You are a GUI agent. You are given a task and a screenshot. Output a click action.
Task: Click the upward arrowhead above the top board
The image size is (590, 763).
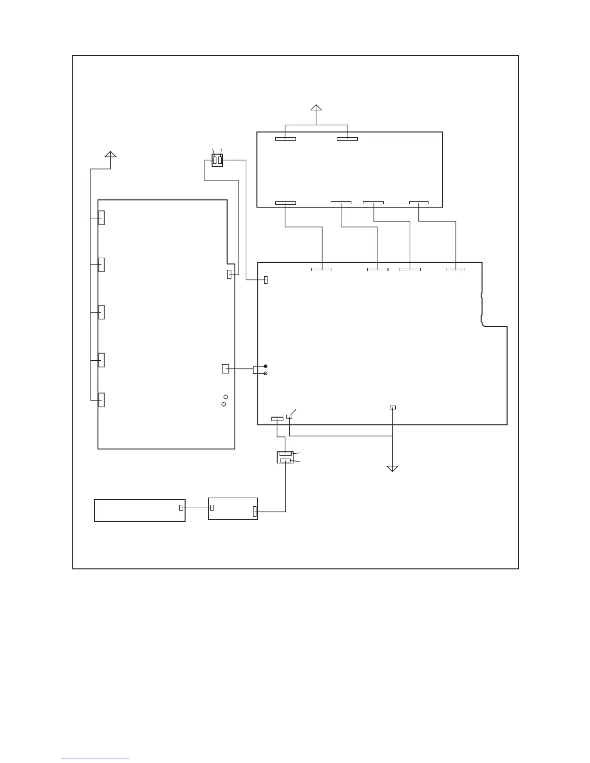click(316, 108)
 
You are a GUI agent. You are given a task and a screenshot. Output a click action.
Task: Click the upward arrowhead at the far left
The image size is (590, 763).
click(110, 154)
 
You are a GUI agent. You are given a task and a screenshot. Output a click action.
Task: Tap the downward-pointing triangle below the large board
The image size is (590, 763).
click(392, 469)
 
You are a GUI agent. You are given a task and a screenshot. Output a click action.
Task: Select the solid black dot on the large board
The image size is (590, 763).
click(266, 366)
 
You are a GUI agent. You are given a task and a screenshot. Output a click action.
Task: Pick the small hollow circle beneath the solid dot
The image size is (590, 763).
click(266, 373)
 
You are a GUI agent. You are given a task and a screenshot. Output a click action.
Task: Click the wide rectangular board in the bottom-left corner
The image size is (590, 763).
click(139, 511)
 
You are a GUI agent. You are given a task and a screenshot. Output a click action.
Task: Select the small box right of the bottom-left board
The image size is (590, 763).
click(232, 509)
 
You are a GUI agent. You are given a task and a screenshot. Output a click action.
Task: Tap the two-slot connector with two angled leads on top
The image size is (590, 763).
click(217, 160)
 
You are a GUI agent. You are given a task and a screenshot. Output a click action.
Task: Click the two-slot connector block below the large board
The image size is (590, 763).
click(285, 458)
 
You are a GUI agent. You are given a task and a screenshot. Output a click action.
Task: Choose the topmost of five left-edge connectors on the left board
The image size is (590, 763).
click(101, 218)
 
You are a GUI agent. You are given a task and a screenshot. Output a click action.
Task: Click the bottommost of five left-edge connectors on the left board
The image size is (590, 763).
click(101, 400)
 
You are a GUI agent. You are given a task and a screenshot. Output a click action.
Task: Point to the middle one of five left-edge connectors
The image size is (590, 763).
click(101, 312)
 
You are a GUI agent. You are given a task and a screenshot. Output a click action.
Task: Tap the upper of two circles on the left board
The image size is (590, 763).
click(226, 396)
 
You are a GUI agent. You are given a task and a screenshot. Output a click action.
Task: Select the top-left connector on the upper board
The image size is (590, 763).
click(285, 139)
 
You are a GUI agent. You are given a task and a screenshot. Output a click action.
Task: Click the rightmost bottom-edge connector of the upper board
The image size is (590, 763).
click(418, 203)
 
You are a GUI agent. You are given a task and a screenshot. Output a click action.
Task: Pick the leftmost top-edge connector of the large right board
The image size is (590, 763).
click(322, 269)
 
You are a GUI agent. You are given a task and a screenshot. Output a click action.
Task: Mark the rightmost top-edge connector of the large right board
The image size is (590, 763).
click(456, 269)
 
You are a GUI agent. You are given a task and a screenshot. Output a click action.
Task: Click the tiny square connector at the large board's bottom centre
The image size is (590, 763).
click(393, 408)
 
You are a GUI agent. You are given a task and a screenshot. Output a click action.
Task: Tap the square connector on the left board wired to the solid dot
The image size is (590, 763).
click(225, 369)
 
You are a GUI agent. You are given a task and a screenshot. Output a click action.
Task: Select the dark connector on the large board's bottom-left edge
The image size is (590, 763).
click(277, 419)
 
